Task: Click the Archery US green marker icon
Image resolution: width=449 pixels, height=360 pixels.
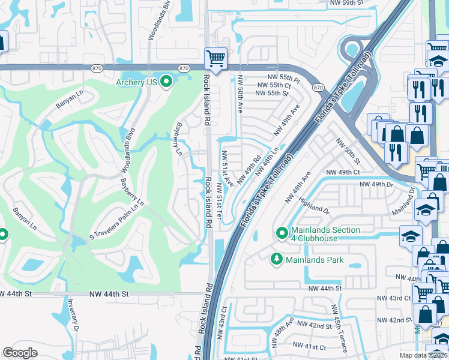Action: coord(166,82)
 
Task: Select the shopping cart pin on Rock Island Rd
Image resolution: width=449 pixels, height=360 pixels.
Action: coord(215,58)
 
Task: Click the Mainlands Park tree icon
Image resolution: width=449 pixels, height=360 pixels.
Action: coord(277,259)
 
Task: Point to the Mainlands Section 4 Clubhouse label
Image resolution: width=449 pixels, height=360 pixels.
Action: coord(325,234)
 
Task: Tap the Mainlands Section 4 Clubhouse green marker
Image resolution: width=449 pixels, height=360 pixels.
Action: coord(281,232)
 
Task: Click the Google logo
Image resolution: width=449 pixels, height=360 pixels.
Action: coord(20,353)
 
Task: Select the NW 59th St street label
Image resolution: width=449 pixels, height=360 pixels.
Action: coord(347,4)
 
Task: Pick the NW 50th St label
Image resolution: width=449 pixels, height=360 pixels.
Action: coord(348,151)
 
